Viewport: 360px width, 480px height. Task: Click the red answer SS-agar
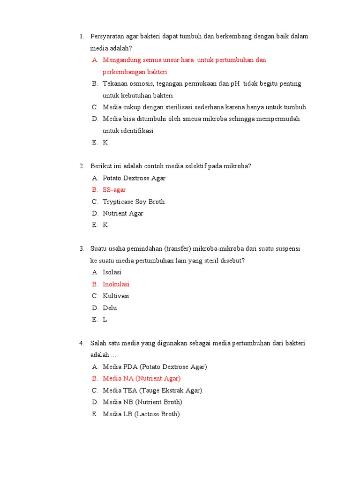114,190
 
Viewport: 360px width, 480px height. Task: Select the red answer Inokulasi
116,284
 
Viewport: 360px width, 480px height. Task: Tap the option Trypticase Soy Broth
134,202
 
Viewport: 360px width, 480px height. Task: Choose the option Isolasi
112,272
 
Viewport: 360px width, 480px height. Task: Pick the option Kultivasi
116,296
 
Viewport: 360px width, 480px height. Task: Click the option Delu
110,308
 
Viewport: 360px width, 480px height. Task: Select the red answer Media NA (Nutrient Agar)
142,378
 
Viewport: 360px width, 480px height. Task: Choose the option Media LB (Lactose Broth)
141,414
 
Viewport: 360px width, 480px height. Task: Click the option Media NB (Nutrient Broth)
142,402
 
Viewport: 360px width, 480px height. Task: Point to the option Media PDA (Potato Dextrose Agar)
155,367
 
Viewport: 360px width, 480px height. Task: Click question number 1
82,37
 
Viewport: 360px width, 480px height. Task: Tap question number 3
82,248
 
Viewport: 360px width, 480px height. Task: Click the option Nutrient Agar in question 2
123,213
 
